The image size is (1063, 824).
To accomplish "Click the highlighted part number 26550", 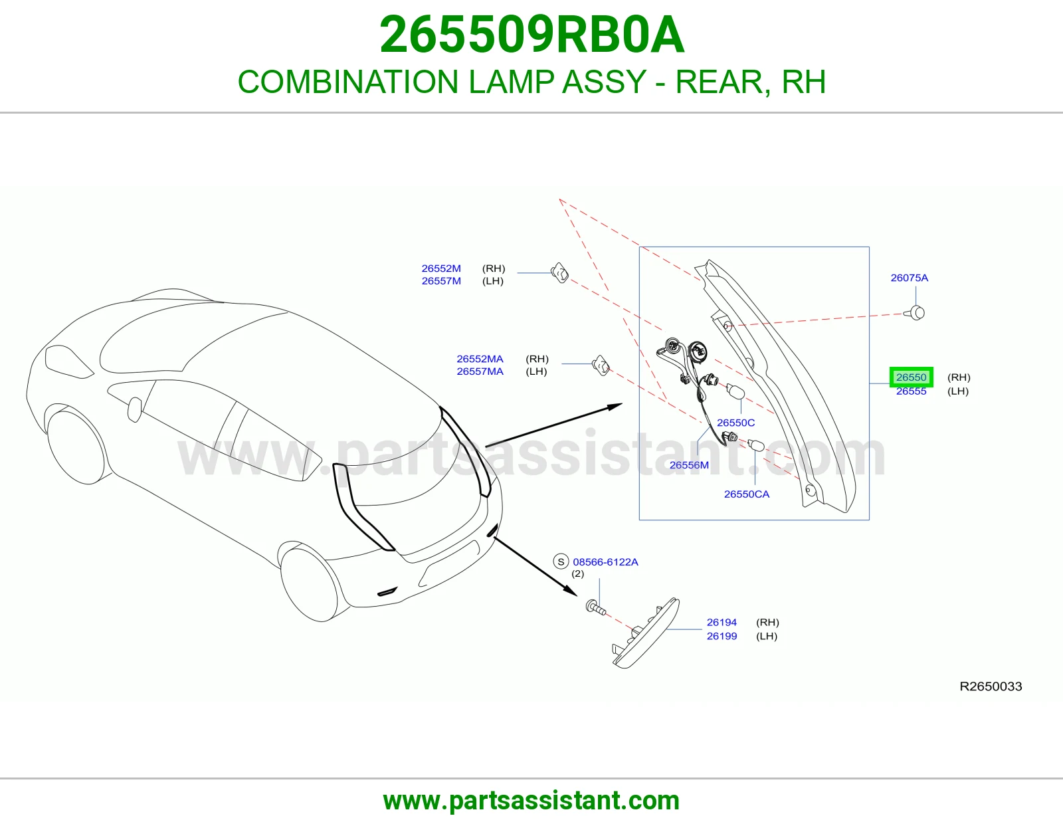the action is tap(912, 377).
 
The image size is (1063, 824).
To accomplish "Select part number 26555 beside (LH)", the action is tap(912, 391).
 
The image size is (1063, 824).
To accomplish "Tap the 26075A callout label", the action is tap(910, 278).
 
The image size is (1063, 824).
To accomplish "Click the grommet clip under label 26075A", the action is tap(916, 313).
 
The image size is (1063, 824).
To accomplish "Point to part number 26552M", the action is tap(441, 268).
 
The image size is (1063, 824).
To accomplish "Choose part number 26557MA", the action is tap(480, 371).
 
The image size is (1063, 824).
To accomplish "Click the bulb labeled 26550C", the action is tap(735, 391).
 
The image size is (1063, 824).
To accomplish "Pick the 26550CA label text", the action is tap(747, 494).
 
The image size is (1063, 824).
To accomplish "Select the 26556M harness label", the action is tap(689, 465).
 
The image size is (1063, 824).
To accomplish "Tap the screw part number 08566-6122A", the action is tap(606, 562).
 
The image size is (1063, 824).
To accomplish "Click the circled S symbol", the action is tap(561, 562).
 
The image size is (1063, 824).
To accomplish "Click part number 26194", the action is tap(722, 622).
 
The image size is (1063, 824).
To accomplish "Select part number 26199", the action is tap(722, 636).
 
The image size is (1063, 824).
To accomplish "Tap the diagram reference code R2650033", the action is tap(991, 686).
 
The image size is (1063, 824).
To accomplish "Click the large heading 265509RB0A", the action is tap(531, 35).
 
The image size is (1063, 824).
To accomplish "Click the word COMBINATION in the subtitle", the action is tap(348, 82).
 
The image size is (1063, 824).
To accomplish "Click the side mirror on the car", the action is tap(134, 409).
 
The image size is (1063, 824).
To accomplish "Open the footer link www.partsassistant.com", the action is tap(531, 801).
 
